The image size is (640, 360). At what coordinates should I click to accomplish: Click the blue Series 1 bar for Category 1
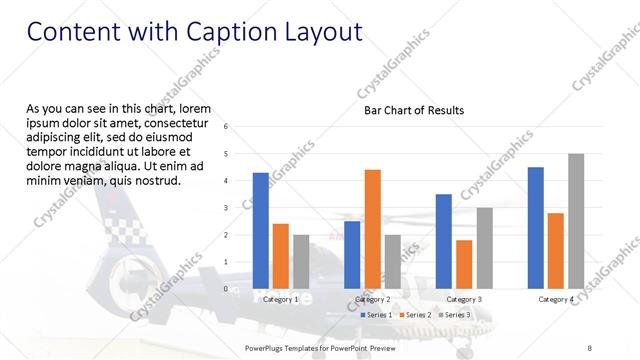pos(260,230)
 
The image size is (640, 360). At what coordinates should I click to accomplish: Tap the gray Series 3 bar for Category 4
pos(575,221)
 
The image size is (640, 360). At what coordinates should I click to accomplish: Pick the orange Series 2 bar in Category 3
pos(464,264)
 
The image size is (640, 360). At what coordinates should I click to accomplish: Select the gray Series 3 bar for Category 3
pos(484,248)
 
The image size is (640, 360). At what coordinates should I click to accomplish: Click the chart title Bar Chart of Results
pos(413,110)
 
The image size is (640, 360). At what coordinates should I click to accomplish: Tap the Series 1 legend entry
pos(376,314)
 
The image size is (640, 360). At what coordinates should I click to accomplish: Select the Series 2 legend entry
pos(414,314)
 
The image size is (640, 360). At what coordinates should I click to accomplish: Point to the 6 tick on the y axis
pos(226,127)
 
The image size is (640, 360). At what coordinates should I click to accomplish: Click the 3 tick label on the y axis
pos(226,208)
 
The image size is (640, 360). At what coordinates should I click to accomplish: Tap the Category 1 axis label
pos(280,299)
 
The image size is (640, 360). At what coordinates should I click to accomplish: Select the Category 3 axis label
pos(464,299)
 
